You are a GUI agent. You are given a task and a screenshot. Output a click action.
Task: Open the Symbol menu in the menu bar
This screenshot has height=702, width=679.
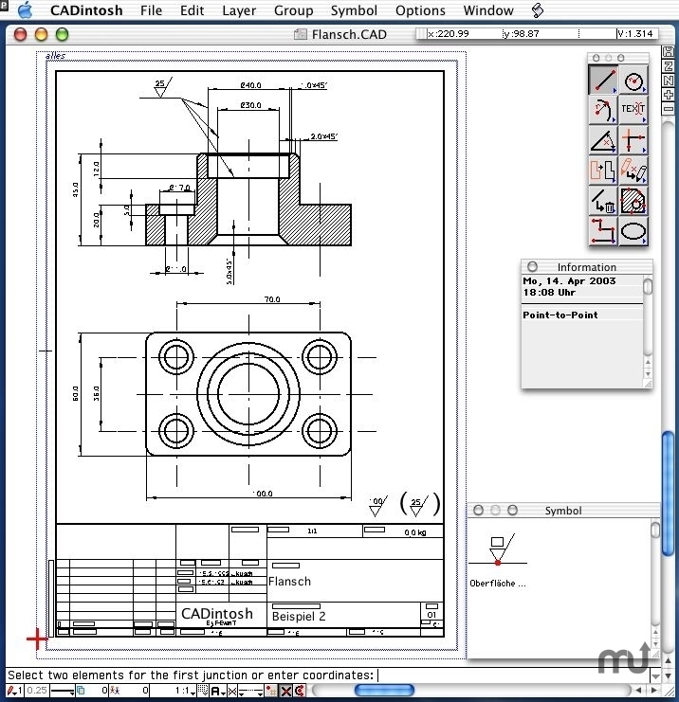(x=354, y=10)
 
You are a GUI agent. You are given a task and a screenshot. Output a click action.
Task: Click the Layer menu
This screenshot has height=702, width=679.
(x=239, y=10)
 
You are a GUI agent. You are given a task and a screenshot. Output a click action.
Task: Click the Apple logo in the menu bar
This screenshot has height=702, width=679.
(x=25, y=10)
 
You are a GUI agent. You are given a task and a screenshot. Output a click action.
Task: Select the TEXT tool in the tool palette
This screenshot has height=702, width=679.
(x=633, y=110)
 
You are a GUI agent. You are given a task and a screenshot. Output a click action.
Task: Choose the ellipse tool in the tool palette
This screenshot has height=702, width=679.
(x=633, y=231)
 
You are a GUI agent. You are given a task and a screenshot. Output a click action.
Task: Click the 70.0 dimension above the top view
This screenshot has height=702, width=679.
(x=272, y=299)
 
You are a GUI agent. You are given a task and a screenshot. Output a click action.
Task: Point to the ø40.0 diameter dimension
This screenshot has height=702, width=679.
(x=250, y=85)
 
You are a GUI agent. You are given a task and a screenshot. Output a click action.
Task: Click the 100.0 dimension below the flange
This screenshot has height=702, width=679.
(x=263, y=494)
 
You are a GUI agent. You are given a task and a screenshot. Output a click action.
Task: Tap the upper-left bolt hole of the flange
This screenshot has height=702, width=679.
(x=176, y=357)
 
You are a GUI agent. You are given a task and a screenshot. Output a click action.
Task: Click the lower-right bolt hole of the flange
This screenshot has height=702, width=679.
(x=319, y=430)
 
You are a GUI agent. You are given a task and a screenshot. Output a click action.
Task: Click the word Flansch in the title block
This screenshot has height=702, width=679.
(x=290, y=582)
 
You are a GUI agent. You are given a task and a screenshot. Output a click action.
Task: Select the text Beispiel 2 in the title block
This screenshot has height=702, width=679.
(x=299, y=616)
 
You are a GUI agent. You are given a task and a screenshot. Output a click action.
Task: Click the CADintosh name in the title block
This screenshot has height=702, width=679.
(x=217, y=613)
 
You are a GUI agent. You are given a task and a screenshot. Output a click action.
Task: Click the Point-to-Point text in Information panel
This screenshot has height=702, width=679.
(x=560, y=315)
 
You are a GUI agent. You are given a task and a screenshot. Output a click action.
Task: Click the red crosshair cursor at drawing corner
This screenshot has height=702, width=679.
(x=37, y=639)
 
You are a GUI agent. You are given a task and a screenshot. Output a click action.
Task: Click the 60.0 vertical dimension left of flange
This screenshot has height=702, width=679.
(x=76, y=393)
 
